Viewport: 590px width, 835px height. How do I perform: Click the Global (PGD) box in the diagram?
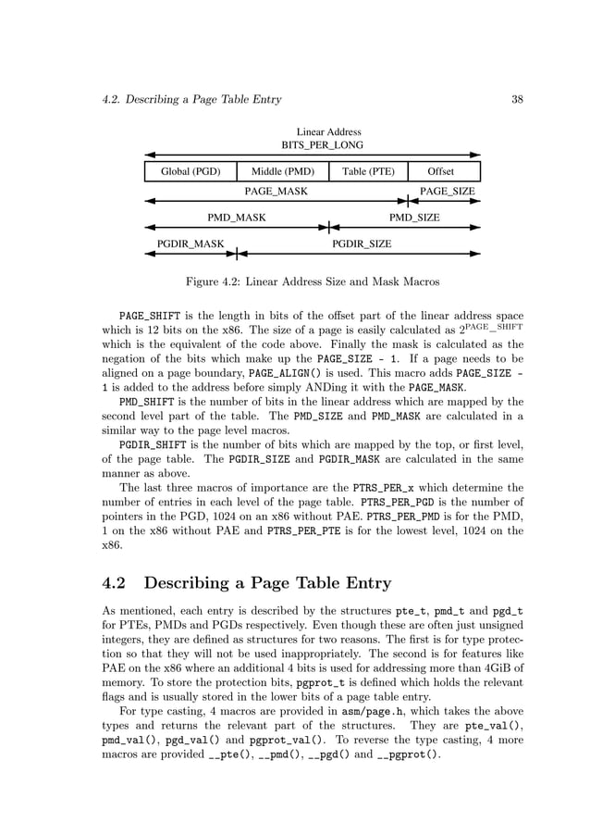tap(191, 171)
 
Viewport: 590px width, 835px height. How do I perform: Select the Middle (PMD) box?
tap(283, 171)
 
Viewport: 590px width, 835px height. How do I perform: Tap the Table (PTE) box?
tap(368, 171)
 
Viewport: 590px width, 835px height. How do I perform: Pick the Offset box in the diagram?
tap(441, 171)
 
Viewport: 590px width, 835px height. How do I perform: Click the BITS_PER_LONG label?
tap(323, 145)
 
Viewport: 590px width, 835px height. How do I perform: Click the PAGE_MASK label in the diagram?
tap(276, 192)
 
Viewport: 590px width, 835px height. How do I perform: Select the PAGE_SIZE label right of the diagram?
tap(448, 192)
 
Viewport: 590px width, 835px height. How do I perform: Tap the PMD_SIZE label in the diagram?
tap(414, 218)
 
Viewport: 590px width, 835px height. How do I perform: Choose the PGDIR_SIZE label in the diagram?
tap(362, 244)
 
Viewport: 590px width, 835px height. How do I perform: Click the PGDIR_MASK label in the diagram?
tap(191, 244)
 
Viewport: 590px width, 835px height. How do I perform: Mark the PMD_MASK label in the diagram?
tap(236, 218)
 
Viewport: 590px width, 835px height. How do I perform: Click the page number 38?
tap(518, 99)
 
